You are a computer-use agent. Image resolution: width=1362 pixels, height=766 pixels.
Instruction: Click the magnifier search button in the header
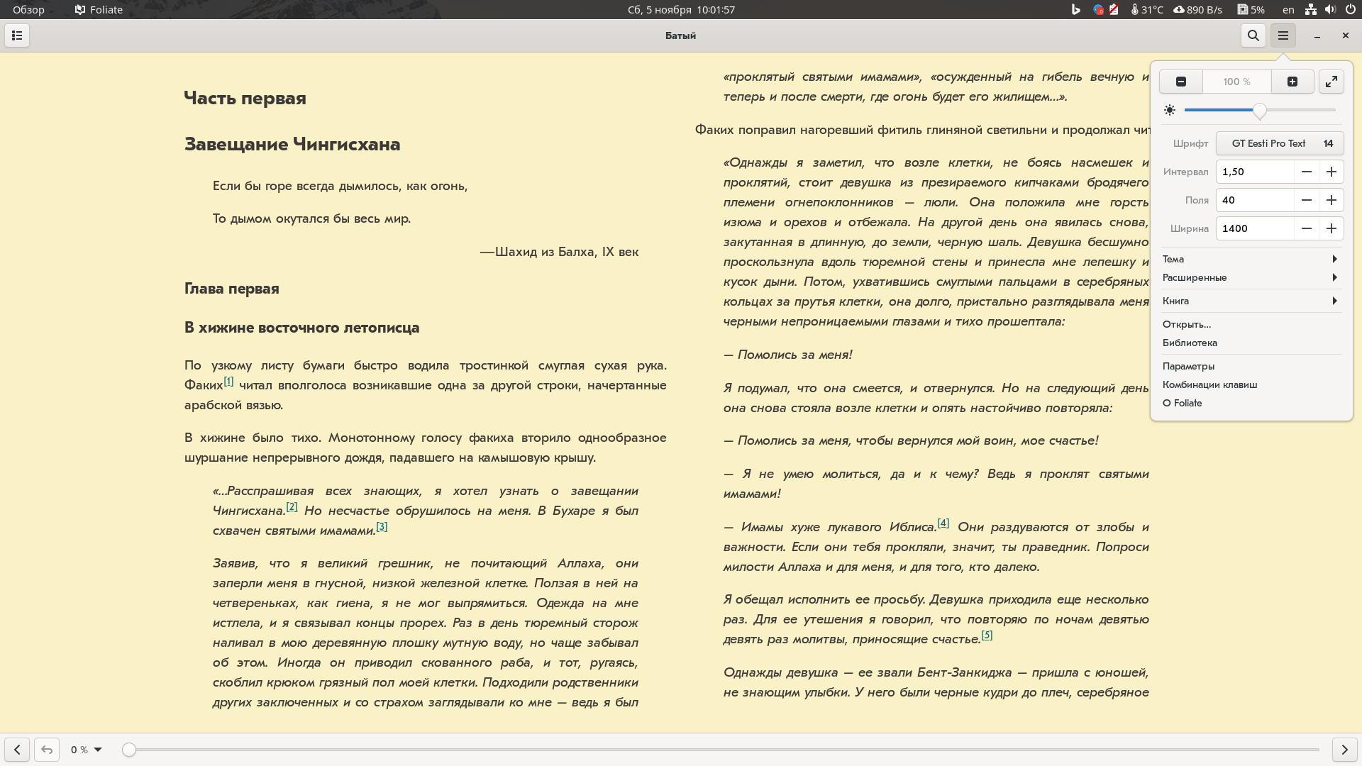click(1253, 35)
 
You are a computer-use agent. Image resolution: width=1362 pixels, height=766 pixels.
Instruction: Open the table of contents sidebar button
click(17, 35)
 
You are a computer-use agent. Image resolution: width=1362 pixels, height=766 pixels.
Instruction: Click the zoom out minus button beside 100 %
click(1181, 82)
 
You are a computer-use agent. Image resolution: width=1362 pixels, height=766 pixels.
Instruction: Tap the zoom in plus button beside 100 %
click(1292, 82)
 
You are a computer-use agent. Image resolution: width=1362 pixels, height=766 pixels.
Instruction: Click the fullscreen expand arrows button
click(1331, 82)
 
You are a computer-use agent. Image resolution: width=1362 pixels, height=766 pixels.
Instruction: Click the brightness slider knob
click(1260, 111)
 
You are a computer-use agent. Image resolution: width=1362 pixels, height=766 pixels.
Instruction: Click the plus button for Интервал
click(1331, 172)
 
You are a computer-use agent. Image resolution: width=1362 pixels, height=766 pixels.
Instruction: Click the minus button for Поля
click(1307, 200)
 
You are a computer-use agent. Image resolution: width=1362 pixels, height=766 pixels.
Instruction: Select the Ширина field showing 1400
click(1254, 228)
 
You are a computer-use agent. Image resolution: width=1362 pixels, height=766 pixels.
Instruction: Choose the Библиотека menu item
click(1190, 343)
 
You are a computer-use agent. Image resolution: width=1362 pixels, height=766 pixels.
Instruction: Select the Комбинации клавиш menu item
click(1209, 384)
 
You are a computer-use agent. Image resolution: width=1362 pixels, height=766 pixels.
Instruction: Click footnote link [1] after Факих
click(228, 382)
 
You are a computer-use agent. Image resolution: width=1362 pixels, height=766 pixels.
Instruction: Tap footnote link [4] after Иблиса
click(943, 523)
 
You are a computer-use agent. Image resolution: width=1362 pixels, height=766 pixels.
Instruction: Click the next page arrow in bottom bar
click(1344, 749)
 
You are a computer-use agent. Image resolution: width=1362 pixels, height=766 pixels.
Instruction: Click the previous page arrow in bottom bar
click(17, 749)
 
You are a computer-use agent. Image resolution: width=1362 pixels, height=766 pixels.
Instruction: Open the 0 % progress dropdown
click(87, 750)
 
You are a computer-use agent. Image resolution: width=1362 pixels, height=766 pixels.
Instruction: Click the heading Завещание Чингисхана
click(292, 144)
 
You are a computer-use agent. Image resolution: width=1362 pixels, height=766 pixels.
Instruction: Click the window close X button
click(1345, 35)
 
